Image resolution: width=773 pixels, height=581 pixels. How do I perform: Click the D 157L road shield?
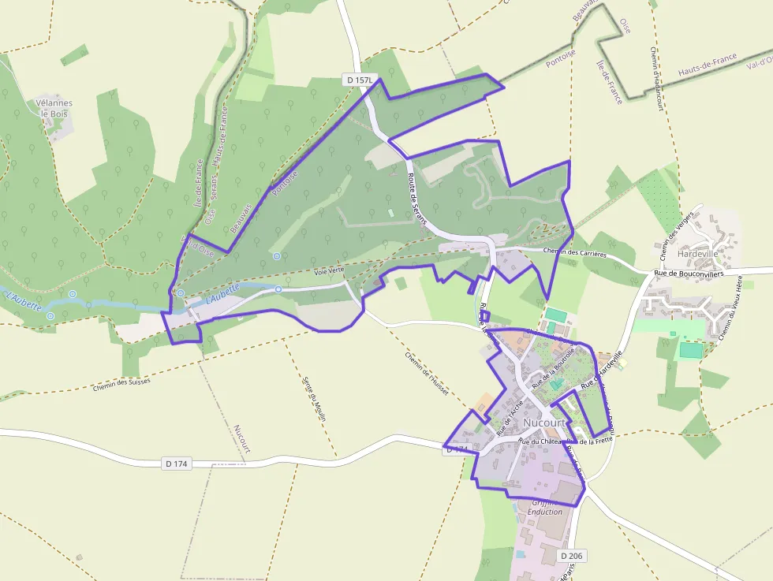(360, 80)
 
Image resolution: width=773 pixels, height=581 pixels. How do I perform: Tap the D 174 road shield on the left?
(177, 464)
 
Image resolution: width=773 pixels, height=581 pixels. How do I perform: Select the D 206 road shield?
(573, 556)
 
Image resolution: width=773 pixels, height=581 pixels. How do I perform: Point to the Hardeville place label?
(697, 255)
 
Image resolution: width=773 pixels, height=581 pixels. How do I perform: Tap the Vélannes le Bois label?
(54, 108)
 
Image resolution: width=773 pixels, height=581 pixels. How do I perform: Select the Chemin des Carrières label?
(575, 254)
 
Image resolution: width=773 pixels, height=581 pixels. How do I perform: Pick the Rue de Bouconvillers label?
(689, 274)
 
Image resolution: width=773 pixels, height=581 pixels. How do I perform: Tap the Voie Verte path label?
(329, 270)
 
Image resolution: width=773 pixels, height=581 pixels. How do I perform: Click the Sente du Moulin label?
(314, 399)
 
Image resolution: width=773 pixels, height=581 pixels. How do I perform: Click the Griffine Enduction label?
(545, 507)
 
